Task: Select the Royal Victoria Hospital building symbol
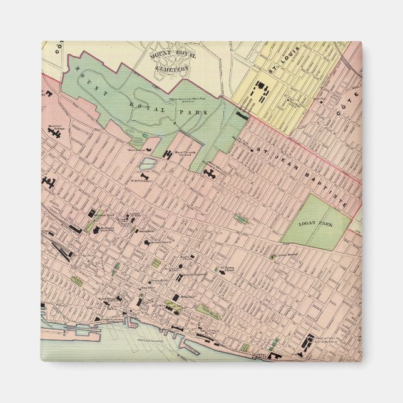coord(167,153)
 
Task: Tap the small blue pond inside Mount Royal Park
coord(145,135)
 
